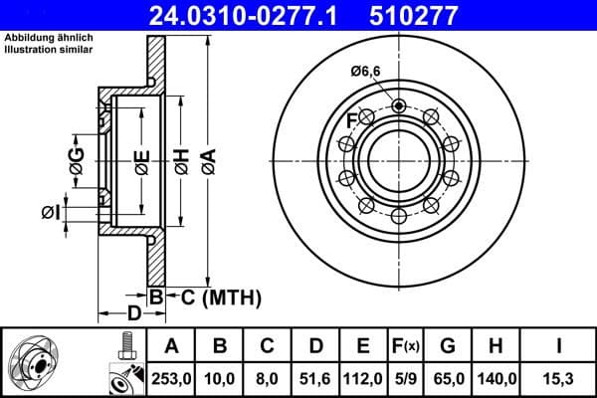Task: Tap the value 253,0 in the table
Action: (171, 377)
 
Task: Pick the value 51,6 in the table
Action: (316, 377)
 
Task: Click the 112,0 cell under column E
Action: (364, 377)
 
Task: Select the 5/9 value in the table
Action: (406, 377)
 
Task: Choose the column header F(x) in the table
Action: (406, 346)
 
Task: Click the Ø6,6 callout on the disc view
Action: (367, 71)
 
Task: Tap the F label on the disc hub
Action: (351, 121)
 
